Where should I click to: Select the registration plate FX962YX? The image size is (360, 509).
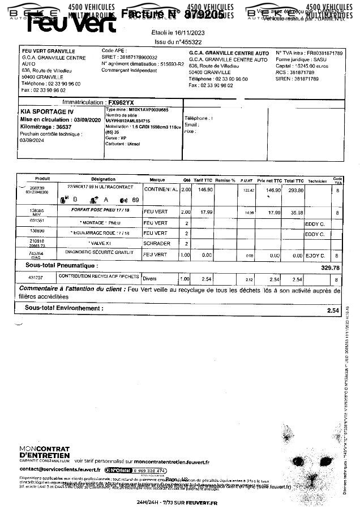click(126, 102)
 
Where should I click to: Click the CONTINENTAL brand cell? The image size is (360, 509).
click(161, 189)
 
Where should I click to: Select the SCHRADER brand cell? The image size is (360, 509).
click(157, 244)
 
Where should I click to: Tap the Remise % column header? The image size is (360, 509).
click(225, 180)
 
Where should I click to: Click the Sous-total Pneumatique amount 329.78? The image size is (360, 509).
click(330, 268)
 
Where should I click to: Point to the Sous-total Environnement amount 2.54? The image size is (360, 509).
click(333, 310)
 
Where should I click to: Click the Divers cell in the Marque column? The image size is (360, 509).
click(151, 279)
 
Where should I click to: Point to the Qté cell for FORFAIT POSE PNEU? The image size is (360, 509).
click(185, 212)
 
